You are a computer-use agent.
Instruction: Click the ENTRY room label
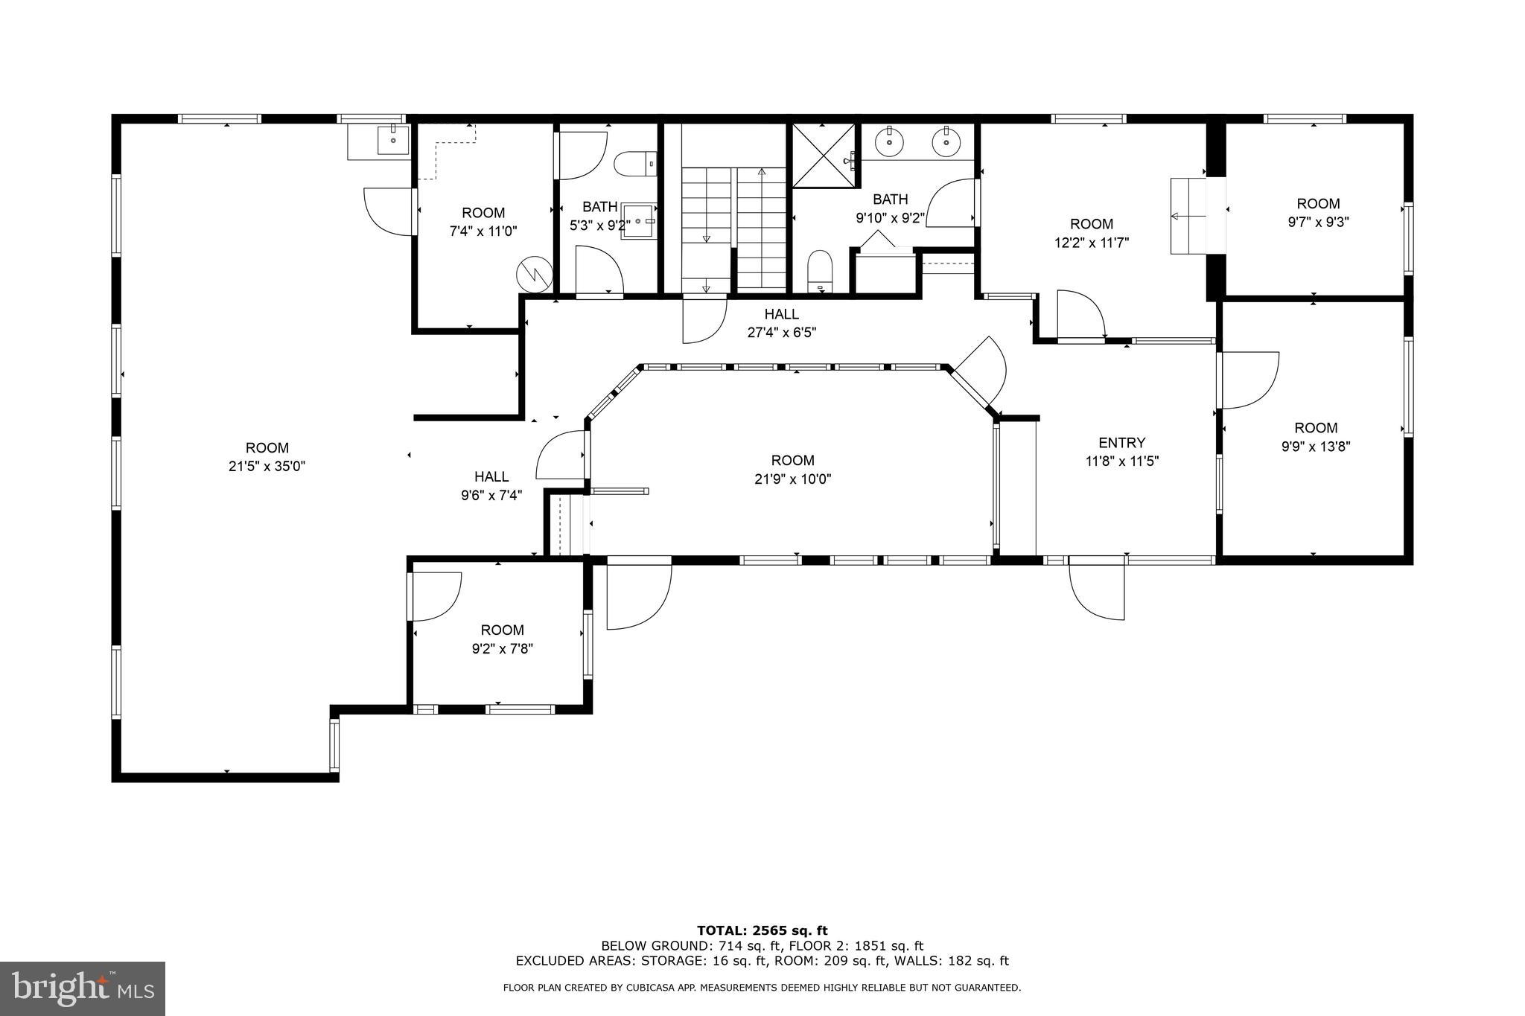[x=1121, y=443]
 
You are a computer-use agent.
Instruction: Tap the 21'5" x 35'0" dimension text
[x=267, y=467]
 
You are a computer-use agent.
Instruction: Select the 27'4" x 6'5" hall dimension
[x=781, y=333]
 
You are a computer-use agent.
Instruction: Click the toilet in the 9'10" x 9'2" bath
[x=819, y=272]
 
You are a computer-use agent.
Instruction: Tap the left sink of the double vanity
[x=888, y=141]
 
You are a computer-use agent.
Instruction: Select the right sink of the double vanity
[x=946, y=141]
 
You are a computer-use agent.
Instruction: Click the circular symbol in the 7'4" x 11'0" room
[x=535, y=274]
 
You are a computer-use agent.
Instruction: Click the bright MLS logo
[x=83, y=988]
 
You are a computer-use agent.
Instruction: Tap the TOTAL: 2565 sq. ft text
[x=762, y=930]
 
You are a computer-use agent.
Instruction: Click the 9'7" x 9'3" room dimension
[x=1318, y=222]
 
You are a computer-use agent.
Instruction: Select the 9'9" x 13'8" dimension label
[x=1316, y=447]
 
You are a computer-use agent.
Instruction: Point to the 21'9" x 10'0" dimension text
[x=792, y=479]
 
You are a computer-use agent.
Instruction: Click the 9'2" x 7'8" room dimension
[x=503, y=648]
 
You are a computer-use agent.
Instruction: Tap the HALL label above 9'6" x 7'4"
[x=491, y=476]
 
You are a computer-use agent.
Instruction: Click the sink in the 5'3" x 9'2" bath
[x=639, y=221]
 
